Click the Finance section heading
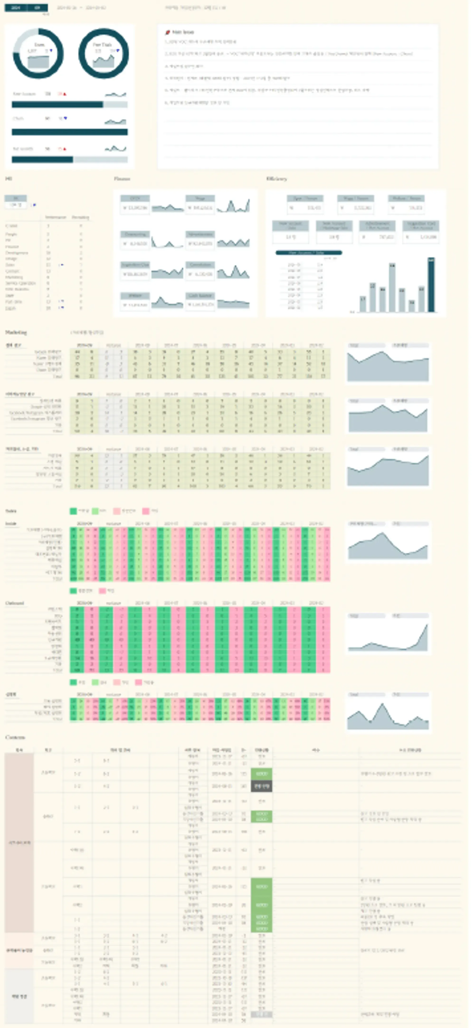click(122, 179)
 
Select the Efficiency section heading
click(277, 179)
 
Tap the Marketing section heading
click(16, 332)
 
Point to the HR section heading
click(8, 179)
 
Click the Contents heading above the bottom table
click(15, 737)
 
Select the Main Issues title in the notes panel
click(183, 32)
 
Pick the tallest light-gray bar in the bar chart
click(392, 287)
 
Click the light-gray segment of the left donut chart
click(20, 40)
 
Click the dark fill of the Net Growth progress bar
click(42, 160)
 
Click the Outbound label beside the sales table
click(15, 603)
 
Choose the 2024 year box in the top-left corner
click(16, 8)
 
